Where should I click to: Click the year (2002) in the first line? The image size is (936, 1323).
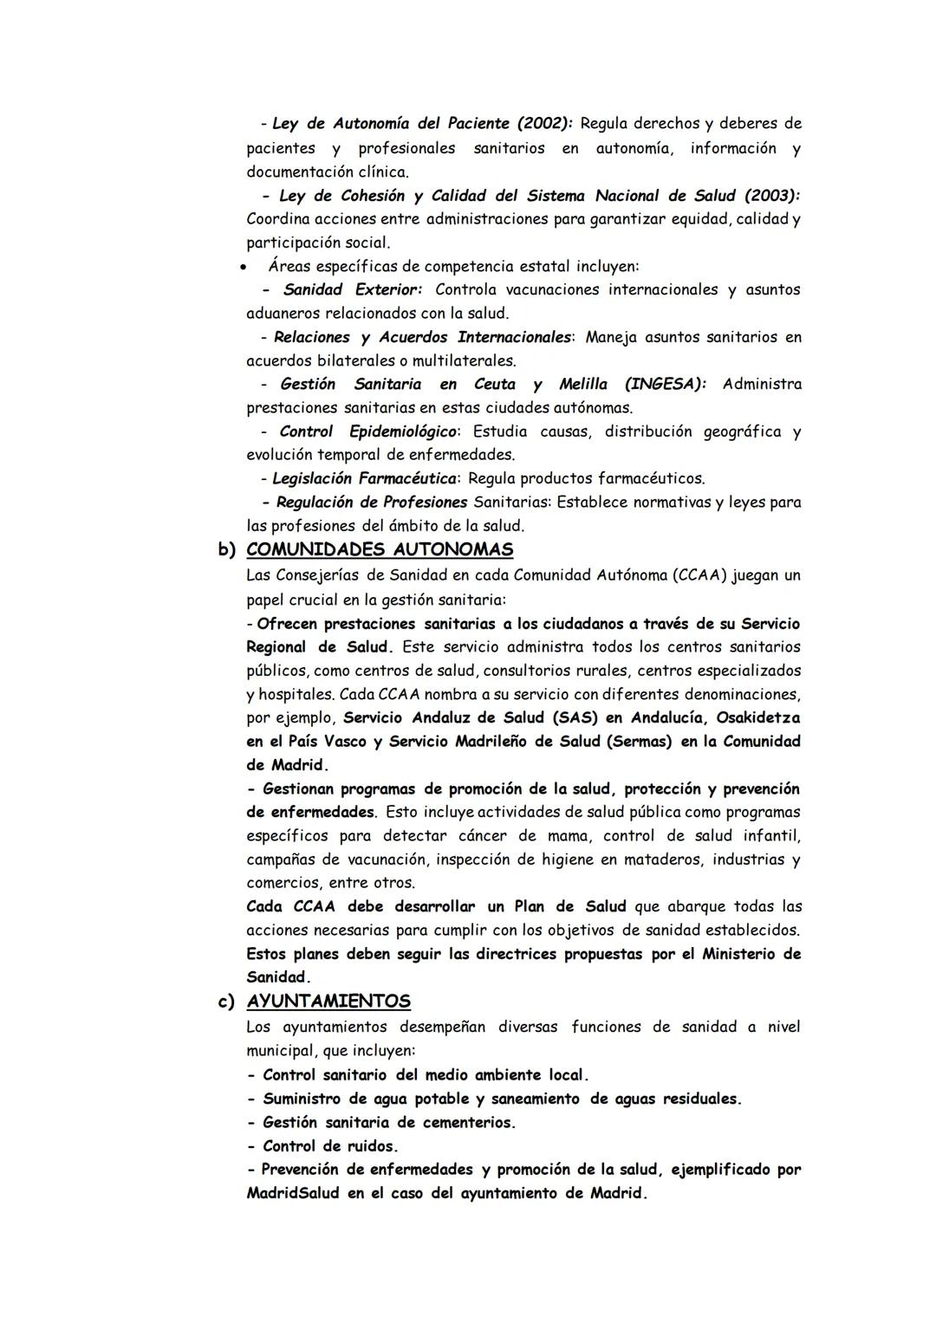click(x=544, y=123)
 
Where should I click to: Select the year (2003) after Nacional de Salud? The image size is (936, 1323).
click(x=772, y=196)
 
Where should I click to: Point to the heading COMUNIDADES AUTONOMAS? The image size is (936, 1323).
click(x=380, y=549)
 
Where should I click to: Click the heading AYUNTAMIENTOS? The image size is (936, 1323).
click(x=328, y=1001)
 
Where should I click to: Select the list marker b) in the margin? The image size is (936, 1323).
click(x=226, y=549)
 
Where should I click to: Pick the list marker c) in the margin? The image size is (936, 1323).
click(x=226, y=1002)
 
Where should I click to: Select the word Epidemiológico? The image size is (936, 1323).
click(x=404, y=431)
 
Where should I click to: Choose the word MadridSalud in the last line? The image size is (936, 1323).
click(x=293, y=1193)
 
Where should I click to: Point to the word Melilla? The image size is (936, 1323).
click(x=583, y=384)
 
